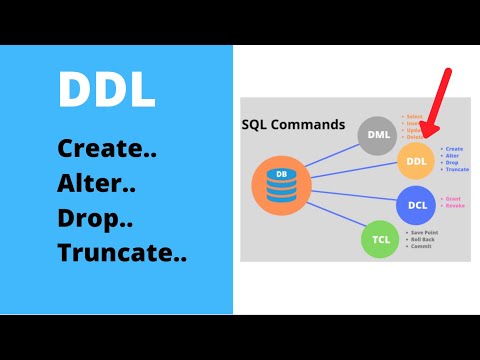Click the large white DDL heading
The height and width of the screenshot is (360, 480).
click(x=106, y=91)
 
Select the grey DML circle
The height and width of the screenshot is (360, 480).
click(x=378, y=136)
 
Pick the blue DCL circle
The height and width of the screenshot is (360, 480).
click(x=417, y=205)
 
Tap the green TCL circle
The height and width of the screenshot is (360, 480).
click(x=380, y=240)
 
